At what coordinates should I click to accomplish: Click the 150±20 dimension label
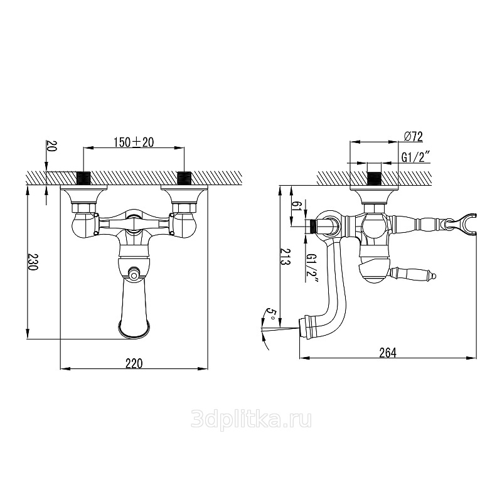[x=134, y=142]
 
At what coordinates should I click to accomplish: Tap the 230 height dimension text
[x=33, y=262]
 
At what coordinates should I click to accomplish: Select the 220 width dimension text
[x=134, y=364]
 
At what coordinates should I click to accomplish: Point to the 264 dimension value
[x=388, y=353]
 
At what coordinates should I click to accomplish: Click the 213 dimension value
[x=285, y=257]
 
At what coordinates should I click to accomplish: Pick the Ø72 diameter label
[x=414, y=136]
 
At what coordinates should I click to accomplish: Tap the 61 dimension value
[x=297, y=204]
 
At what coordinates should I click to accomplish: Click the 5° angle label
[x=270, y=314]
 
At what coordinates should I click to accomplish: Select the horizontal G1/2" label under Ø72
[x=415, y=158]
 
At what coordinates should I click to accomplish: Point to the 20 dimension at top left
[x=51, y=146]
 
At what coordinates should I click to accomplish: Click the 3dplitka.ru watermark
[x=251, y=420]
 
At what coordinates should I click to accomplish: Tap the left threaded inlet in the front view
[x=84, y=178]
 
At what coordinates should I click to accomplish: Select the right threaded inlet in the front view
[x=184, y=178]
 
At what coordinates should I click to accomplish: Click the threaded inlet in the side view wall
[x=374, y=178]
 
